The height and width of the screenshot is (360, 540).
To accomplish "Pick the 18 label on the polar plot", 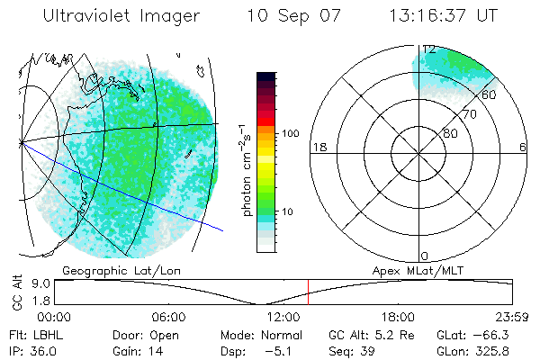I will [318, 147].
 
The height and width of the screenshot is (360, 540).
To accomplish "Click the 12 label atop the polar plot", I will [428, 49].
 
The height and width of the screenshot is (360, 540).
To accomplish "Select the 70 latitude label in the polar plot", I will [469, 115].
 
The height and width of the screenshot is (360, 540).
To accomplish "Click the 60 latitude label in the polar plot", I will [490, 94].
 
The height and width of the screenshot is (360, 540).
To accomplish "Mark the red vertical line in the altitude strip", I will [308, 292].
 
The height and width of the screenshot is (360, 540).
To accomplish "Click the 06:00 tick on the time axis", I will [168, 317].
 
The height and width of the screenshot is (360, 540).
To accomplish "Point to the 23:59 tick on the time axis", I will [512, 317].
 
